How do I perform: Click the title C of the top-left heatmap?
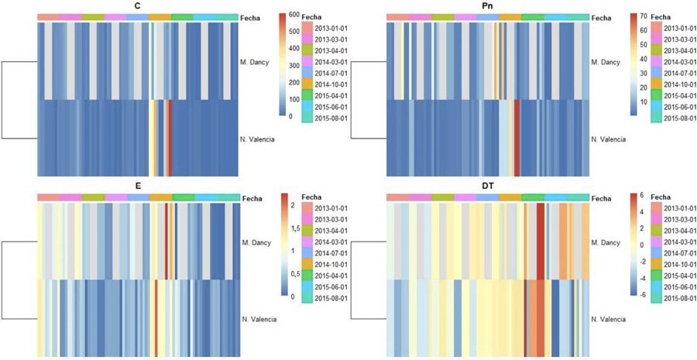[136, 5]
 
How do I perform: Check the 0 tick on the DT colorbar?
[643, 245]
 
